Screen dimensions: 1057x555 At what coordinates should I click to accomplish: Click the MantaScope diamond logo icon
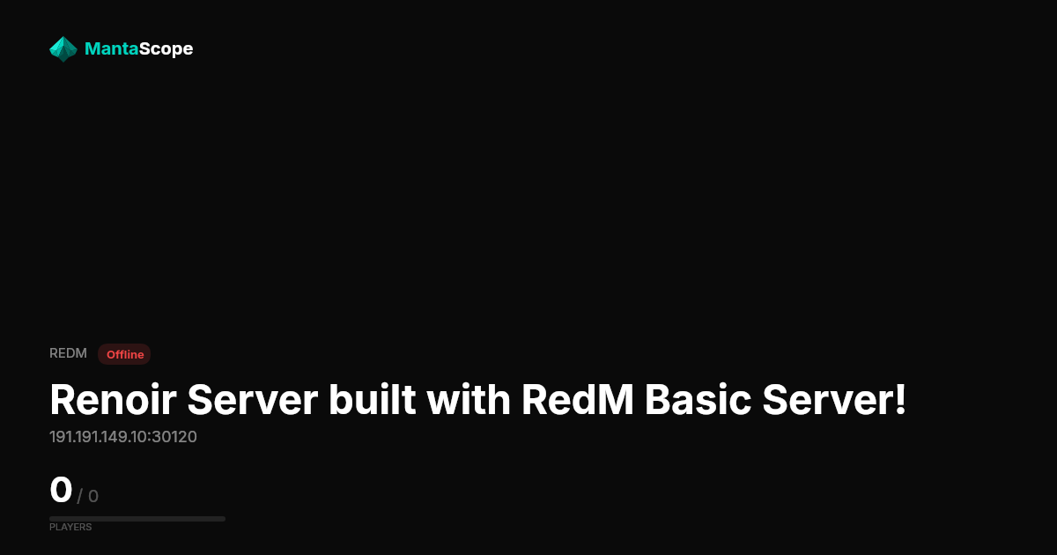[x=63, y=49]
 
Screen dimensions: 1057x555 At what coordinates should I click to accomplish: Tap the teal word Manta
[x=111, y=48]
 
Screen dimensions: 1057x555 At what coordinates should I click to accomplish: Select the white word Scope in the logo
[x=166, y=49]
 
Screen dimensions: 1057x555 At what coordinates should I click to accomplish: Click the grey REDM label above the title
[x=68, y=353]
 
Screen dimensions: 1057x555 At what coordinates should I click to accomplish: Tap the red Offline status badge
[x=124, y=354]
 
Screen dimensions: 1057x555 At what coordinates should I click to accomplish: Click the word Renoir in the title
[x=114, y=400]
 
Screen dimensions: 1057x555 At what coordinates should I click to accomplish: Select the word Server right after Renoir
[x=253, y=400]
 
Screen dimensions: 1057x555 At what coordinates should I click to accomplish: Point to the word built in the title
[x=373, y=400]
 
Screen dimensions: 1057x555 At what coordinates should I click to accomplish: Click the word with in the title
[x=469, y=400]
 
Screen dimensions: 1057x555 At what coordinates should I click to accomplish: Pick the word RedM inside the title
[x=577, y=400]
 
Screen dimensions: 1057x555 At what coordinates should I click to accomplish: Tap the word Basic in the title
[x=698, y=400]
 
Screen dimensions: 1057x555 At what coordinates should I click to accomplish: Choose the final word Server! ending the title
[x=834, y=400]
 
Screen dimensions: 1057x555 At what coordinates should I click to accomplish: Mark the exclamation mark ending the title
[x=900, y=400]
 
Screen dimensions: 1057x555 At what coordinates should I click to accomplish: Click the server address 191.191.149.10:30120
[x=123, y=437]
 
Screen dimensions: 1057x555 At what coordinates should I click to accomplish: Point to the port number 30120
[x=174, y=437]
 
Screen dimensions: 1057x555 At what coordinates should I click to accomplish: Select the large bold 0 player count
[x=61, y=490]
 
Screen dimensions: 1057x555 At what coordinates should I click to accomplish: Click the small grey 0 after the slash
[x=93, y=497]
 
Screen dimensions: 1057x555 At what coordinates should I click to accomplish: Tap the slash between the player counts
[x=80, y=497]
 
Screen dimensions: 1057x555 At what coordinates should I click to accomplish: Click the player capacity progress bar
[x=137, y=519]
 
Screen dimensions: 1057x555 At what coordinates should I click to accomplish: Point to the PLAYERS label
[x=70, y=527]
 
